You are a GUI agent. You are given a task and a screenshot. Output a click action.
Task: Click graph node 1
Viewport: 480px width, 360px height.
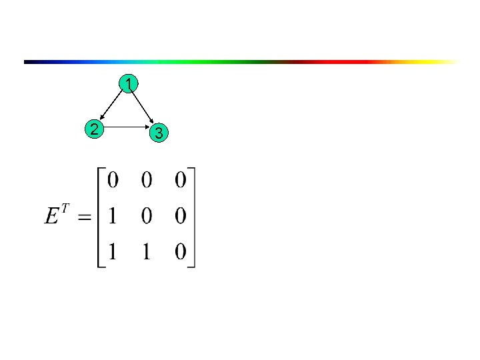(x=128, y=84)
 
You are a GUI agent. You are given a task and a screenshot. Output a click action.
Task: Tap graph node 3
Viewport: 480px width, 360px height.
(x=158, y=133)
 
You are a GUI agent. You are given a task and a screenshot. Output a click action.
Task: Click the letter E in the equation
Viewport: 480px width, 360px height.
(x=52, y=217)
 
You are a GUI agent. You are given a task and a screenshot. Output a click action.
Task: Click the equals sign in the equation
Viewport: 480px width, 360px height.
(x=83, y=218)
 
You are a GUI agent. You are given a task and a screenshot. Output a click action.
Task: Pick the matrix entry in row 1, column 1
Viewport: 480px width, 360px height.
(x=113, y=180)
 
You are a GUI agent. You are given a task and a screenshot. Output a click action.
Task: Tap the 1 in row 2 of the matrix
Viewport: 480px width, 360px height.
(x=113, y=217)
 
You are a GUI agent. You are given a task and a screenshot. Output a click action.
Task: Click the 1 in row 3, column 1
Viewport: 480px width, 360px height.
(x=113, y=252)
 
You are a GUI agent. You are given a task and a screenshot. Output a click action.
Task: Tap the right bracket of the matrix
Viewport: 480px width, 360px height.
(x=195, y=217)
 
